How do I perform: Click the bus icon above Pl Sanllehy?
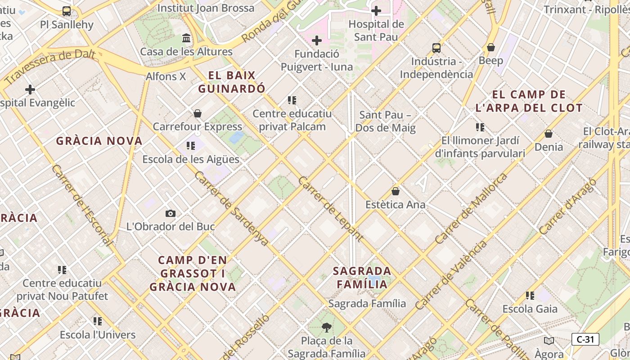coord(67,11)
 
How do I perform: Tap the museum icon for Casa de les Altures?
coord(186,38)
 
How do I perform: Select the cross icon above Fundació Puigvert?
coord(317,40)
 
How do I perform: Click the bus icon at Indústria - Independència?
coord(436,48)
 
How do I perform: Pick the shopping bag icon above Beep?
coord(491,47)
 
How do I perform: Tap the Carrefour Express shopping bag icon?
coord(197,113)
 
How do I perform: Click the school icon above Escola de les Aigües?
coord(191,146)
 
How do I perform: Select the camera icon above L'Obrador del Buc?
coord(171,213)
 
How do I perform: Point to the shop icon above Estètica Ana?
coord(396,191)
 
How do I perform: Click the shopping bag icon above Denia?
coord(549,134)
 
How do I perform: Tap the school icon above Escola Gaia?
coord(530,296)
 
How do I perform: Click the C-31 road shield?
coord(585,339)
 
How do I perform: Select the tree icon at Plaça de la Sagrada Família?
coord(327,327)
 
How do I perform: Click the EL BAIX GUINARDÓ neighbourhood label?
coord(232,82)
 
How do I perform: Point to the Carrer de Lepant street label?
coord(330,209)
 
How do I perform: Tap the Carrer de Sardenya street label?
coord(231,208)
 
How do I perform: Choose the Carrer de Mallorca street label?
coord(471,208)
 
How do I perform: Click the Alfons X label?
coord(166,76)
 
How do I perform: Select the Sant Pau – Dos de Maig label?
coord(385,121)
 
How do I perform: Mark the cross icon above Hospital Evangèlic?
coord(30,90)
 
